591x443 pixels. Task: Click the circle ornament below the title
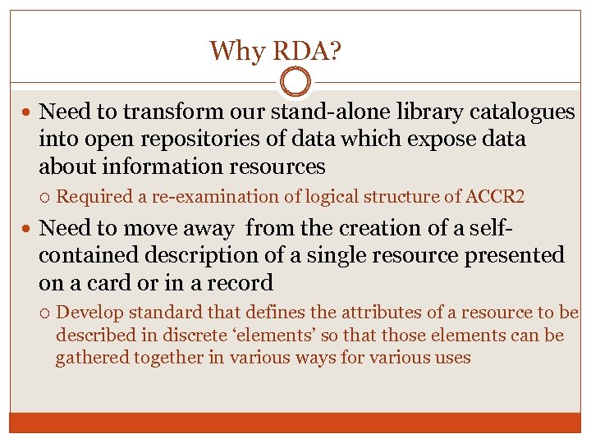(x=295, y=82)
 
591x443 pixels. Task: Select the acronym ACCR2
(x=495, y=197)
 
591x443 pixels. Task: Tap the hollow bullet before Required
(x=47, y=197)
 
